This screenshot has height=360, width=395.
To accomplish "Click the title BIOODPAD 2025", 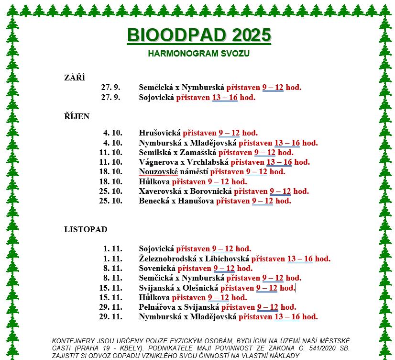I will [198, 35].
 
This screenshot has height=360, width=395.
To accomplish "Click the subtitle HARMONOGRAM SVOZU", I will [198, 53].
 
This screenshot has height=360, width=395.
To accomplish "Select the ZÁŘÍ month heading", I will [75, 78].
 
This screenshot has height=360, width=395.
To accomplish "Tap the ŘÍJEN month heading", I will [77, 116].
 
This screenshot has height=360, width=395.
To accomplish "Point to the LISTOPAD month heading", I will [86, 229].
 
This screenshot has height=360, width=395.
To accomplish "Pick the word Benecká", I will [152, 201].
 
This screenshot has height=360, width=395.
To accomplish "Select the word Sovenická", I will [158, 269].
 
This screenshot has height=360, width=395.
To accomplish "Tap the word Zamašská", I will [198, 153].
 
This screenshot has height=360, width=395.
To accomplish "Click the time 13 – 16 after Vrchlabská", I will [279, 162].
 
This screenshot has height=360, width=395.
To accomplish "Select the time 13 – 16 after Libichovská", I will [300, 259].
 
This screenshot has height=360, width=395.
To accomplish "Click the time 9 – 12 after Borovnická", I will [280, 191].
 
